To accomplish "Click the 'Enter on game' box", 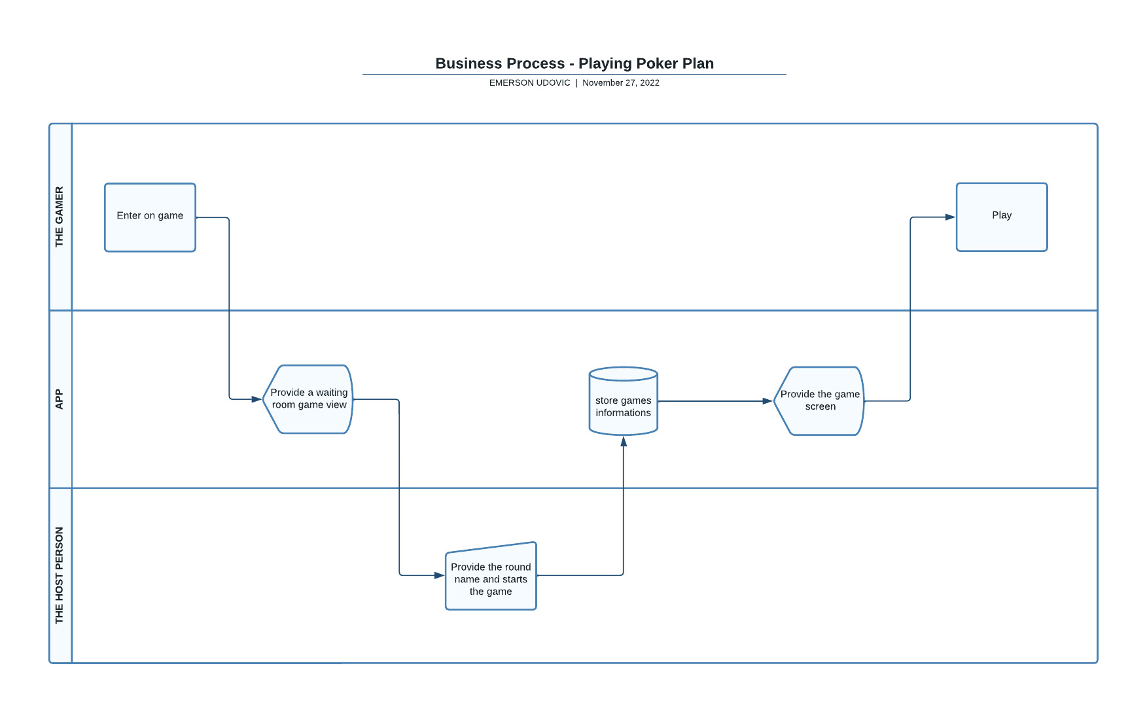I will click(x=150, y=217).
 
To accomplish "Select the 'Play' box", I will click(x=1001, y=217).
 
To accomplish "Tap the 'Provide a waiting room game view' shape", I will click(x=308, y=399).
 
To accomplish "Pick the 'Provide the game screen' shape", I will click(x=819, y=401).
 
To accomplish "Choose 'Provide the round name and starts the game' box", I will click(x=491, y=578).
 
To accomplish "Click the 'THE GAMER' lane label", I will click(x=60, y=217).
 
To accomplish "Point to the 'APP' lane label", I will click(x=60, y=399).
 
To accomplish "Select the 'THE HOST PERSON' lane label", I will click(x=60, y=575).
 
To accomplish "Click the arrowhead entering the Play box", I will click(x=950, y=217).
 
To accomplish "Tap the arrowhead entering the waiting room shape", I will click(x=256, y=399).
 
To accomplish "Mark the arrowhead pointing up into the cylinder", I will click(x=624, y=442).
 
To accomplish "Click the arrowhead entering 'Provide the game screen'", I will click(x=768, y=401).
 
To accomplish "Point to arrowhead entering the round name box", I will click(x=439, y=576).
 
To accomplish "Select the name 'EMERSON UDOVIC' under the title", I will click(x=529, y=83).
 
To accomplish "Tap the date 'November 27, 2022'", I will click(x=620, y=83).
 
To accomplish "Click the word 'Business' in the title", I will click(x=467, y=63).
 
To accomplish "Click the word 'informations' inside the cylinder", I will click(x=623, y=413).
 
